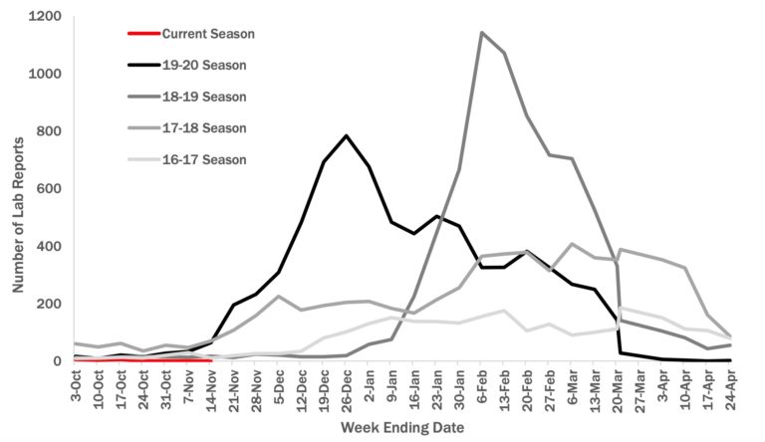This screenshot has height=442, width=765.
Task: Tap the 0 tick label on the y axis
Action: (x=59, y=361)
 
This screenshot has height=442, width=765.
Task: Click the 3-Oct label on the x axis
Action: (x=76, y=384)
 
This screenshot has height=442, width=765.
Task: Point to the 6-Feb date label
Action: (x=480, y=384)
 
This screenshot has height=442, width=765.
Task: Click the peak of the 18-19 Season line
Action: (x=482, y=33)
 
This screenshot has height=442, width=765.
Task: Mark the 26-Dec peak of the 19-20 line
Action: (x=346, y=135)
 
